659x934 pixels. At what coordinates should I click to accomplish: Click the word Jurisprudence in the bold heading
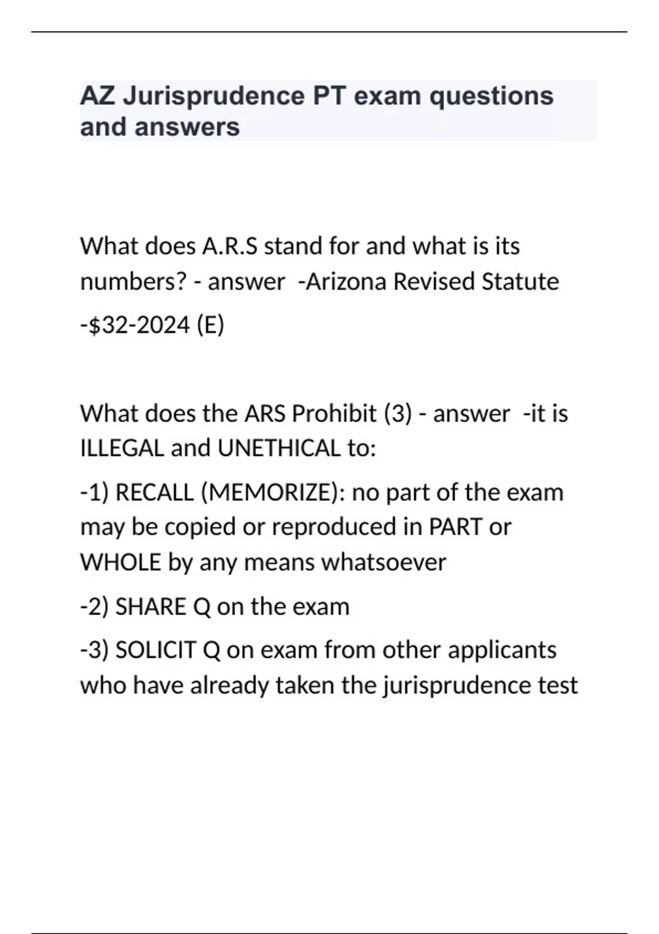(x=214, y=97)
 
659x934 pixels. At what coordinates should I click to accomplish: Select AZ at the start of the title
(x=97, y=97)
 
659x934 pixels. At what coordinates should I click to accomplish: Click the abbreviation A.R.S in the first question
(x=229, y=246)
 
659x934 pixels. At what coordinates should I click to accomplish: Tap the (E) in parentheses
(x=210, y=325)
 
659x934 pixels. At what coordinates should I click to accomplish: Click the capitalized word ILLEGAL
(x=122, y=449)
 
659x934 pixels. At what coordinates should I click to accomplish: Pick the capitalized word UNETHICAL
(x=279, y=449)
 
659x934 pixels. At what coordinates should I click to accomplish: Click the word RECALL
(x=154, y=493)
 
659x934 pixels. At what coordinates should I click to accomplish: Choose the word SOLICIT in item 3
(x=155, y=651)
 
